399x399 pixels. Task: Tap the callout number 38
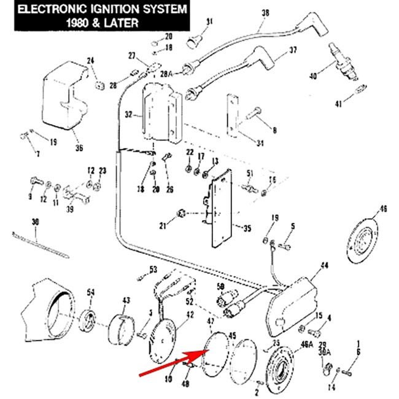[265, 12]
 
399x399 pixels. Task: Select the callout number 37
[292, 50]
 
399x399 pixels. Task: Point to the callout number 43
[126, 300]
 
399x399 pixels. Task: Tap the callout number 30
[34, 221]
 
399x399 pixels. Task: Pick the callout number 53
[153, 269]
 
